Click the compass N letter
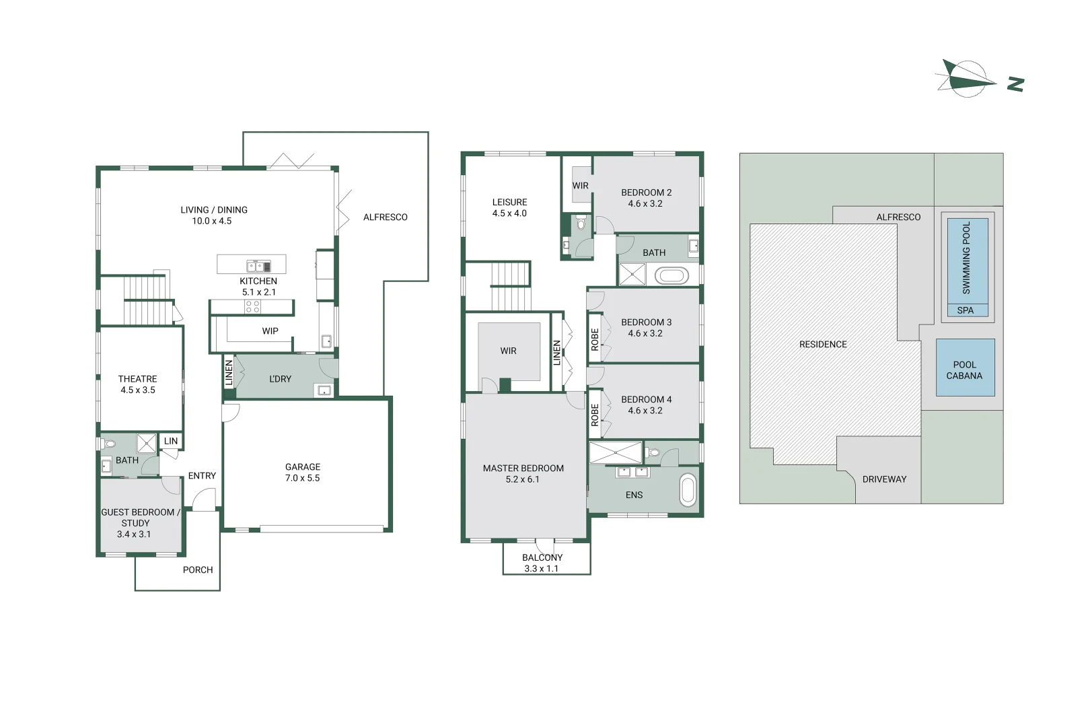pos(1015,84)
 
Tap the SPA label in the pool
pos(965,310)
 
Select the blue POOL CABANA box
pos(965,368)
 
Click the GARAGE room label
pos(302,466)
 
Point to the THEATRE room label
pos(137,379)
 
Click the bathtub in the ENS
pos(688,490)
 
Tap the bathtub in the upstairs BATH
pos(671,275)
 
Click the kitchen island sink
pos(258,266)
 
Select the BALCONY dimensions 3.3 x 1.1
pos(541,569)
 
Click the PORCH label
pos(197,569)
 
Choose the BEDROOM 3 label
pos(646,322)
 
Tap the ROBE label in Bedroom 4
pos(595,415)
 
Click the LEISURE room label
pos(509,202)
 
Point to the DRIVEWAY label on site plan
pos(884,479)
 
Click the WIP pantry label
pos(270,331)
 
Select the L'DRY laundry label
pos(280,379)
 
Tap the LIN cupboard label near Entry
pos(171,441)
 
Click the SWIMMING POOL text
pos(966,258)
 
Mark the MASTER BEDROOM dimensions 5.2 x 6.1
pos(522,479)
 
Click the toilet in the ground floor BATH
pos(110,444)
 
